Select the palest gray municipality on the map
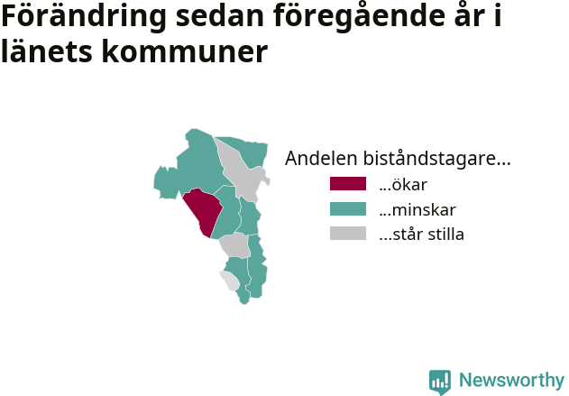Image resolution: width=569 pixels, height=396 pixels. click(229, 281)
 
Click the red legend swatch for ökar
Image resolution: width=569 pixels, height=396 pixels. click(348, 184)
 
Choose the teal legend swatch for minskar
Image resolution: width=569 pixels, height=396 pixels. click(348, 209)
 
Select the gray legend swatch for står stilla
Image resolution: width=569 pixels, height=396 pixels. click(348, 234)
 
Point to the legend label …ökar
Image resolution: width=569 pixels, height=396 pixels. click(403, 184)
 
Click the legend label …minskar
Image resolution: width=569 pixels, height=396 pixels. click(418, 210)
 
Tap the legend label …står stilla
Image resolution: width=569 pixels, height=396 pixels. click(421, 235)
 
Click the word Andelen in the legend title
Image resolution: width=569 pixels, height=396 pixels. click(321, 158)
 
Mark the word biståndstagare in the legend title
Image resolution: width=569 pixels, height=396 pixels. click(436, 159)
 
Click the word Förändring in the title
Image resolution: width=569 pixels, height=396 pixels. click(84, 16)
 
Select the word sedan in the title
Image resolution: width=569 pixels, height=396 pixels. click(219, 16)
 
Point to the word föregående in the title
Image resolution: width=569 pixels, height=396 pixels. click(359, 16)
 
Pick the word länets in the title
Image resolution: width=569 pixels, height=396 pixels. click(47, 51)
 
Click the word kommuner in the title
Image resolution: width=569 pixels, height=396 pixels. click(185, 51)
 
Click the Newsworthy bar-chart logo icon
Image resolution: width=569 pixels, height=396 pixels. click(440, 382)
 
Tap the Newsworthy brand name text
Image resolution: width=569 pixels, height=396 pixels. click(511, 381)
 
